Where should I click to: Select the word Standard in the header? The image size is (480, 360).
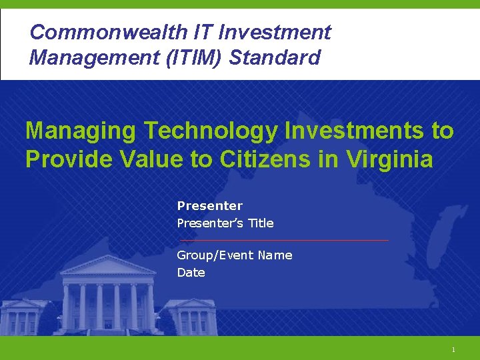pyautogui.click(x=275, y=57)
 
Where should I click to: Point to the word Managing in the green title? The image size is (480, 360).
pyautogui.click(x=82, y=131)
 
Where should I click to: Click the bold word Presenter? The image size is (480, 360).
pyautogui.click(x=209, y=206)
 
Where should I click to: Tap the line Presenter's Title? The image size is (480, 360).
pyautogui.click(x=225, y=223)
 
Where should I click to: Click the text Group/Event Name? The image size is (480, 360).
pyautogui.click(x=234, y=255)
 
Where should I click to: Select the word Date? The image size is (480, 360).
pyautogui.click(x=191, y=273)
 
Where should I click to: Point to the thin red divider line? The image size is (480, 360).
pyautogui.click(x=283, y=240)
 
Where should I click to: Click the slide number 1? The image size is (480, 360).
pyautogui.click(x=453, y=350)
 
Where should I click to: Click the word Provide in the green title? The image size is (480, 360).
pyautogui.click(x=67, y=160)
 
